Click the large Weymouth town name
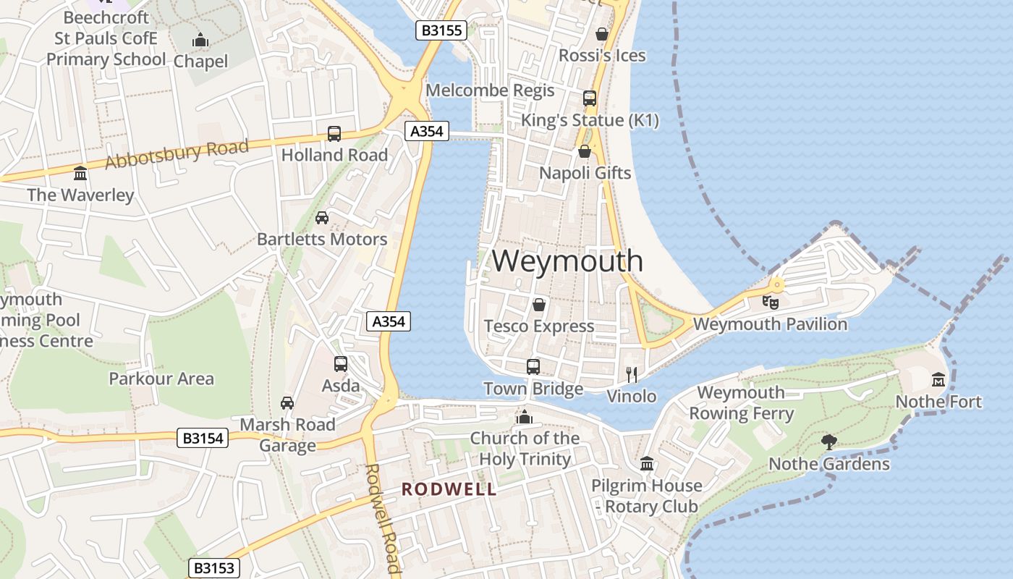coord(567,261)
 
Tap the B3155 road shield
coord(441,30)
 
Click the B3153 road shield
coord(214,568)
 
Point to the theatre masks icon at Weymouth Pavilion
coord(770,302)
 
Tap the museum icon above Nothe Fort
coord(938,379)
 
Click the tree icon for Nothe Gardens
coord(829,441)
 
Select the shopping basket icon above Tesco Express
coord(538,305)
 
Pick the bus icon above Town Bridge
coord(533,366)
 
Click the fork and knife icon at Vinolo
coord(632,374)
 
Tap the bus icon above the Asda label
coord(341,364)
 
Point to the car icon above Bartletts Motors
coord(322,217)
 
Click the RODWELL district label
coord(449,489)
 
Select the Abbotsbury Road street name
coord(177,154)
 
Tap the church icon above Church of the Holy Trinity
coord(524,417)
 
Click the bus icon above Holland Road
coord(334,133)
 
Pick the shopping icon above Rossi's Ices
coord(601,34)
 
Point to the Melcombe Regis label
coord(490,90)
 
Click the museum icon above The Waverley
coord(80,174)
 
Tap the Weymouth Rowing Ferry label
coord(741,403)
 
